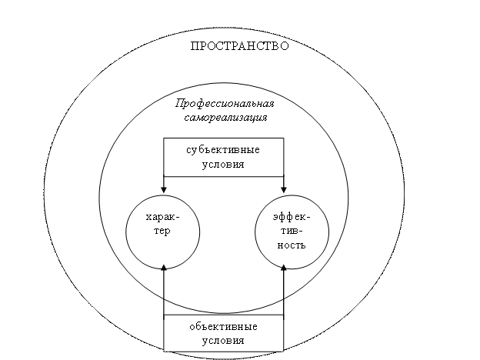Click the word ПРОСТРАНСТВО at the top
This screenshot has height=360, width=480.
240,46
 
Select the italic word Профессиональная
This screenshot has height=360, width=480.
225,104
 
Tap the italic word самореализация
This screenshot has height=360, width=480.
225,118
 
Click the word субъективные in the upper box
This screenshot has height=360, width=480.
223,150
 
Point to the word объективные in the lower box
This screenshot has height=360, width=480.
224,327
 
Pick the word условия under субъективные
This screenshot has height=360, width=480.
223,165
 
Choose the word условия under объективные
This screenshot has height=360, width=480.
223,341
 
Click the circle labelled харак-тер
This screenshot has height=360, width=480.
126,232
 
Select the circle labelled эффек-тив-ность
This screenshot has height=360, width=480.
255,232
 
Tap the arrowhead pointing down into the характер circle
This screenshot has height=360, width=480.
164,189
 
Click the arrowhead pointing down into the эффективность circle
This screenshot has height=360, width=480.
284,189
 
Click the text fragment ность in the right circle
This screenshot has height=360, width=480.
292,245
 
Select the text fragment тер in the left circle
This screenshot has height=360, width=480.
162,231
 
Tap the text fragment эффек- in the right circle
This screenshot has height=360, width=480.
292,218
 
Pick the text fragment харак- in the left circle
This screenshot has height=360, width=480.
162,218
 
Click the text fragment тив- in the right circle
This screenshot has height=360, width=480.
292,231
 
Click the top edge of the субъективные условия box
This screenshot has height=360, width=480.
224,138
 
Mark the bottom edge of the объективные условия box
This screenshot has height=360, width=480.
224,351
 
